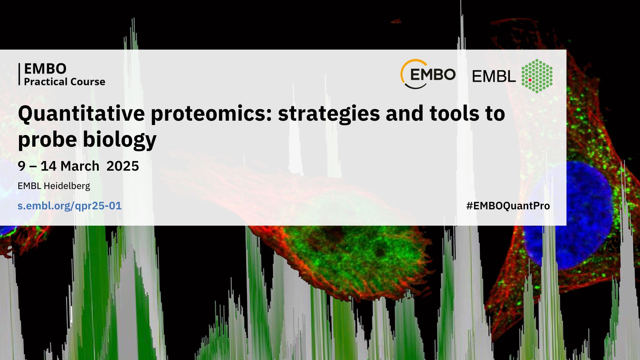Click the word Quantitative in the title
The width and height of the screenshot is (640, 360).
(x=81, y=114)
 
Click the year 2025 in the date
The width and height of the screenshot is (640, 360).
(x=123, y=166)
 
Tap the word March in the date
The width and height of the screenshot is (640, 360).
(x=80, y=166)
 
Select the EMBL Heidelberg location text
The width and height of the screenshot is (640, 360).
(x=54, y=186)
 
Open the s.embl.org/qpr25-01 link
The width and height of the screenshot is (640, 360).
(x=70, y=206)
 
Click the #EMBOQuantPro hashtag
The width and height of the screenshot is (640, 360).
(x=508, y=206)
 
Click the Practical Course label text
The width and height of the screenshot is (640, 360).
(x=65, y=82)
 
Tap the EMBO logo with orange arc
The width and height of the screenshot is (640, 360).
(x=428, y=74)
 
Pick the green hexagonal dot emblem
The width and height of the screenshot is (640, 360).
(x=537, y=76)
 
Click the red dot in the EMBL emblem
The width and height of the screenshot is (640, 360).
(x=530, y=80)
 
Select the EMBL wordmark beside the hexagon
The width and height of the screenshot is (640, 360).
(x=494, y=77)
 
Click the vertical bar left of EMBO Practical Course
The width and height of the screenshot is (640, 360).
(x=19, y=74)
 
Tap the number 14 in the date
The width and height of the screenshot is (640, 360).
(x=48, y=166)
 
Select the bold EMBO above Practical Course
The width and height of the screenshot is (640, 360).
(x=45, y=69)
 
